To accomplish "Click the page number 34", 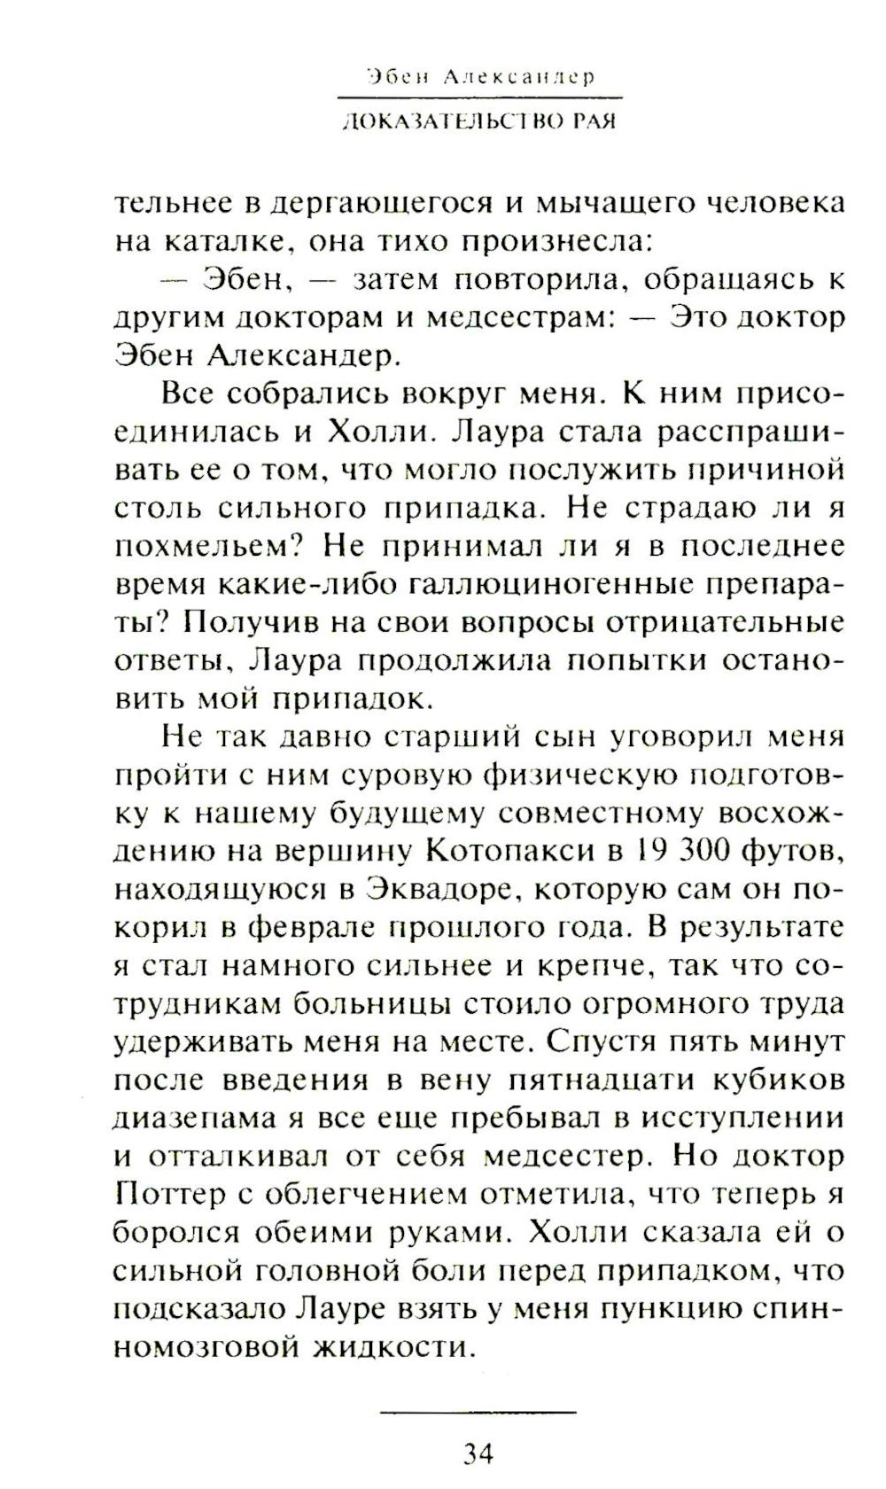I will pos(477,1454).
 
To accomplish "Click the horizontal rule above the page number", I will pos(477,1411).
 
